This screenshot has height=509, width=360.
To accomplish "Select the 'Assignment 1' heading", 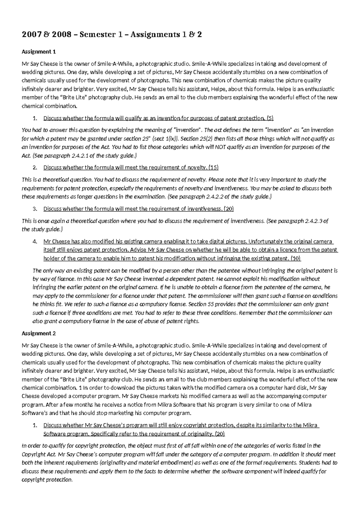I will pos(39,52).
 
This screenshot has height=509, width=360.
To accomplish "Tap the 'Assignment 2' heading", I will pos(39,333).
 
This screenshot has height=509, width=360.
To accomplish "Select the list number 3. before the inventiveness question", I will pos(35,209).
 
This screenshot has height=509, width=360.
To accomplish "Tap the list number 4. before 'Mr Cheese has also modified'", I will pos(35,242).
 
